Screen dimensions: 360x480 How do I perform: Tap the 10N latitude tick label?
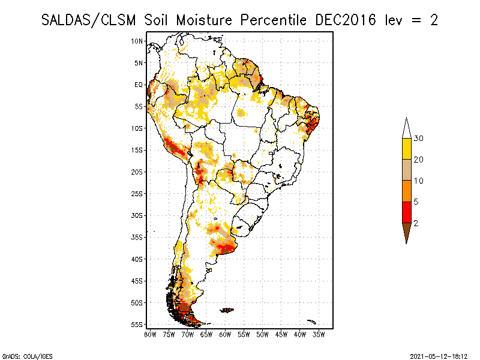137,41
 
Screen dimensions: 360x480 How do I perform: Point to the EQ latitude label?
139,85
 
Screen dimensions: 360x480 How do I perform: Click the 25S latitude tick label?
137,193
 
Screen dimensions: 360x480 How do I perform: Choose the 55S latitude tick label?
137,324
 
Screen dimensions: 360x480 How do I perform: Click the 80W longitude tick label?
149,334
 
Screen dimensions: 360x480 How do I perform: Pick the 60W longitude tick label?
225,334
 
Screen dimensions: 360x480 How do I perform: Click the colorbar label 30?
419,139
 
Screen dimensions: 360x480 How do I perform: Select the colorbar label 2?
416,223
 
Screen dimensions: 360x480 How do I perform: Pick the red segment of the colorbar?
407,212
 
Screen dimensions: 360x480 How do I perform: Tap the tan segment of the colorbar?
407,170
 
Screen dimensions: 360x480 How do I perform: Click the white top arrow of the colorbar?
407,128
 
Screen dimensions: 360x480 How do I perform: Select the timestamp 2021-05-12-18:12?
439,355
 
